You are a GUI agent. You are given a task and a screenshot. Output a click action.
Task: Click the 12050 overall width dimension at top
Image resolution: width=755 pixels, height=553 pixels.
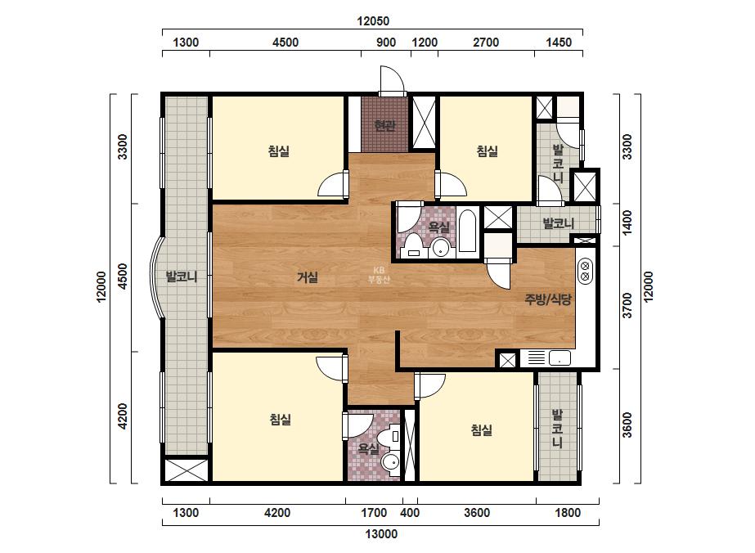(373, 21)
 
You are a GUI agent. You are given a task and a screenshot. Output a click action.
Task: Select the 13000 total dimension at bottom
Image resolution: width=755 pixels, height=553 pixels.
(381, 533)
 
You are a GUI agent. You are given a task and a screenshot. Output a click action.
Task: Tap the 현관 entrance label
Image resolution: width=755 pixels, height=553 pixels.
(384, 126)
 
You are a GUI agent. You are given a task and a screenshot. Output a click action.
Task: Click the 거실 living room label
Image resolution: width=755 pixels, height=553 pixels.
(308, 277)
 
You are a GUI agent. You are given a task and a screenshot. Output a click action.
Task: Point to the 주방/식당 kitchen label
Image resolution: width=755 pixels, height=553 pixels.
(548, 299)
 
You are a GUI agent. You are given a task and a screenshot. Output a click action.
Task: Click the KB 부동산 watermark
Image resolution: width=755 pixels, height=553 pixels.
(379, 275)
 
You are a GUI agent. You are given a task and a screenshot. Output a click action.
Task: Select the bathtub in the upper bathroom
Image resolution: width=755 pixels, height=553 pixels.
(468, 231)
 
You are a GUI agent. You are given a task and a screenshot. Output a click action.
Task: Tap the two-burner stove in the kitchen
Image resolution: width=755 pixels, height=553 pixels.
(586, 271)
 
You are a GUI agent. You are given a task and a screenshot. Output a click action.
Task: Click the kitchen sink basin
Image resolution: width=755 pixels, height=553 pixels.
(560, 358)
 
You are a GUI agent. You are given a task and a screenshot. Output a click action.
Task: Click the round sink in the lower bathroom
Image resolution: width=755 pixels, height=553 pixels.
(390, 463)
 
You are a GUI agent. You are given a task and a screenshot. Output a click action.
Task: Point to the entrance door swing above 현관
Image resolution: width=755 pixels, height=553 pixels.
(392, 79)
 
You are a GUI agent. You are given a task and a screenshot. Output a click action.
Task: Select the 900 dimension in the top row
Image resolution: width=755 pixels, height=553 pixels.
(386, 43)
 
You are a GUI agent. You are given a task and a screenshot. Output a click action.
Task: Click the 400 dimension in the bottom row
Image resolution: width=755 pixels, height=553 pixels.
(410, 513)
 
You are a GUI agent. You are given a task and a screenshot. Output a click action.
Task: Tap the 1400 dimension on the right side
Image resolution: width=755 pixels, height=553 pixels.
(627, 223)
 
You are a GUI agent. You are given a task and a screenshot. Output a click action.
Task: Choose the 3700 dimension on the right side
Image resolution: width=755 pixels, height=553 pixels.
(627, 305)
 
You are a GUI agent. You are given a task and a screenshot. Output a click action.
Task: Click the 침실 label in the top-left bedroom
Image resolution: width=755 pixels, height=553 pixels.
(279, 151)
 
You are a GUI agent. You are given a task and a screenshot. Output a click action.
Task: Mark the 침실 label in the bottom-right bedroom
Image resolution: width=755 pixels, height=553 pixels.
(482, 429)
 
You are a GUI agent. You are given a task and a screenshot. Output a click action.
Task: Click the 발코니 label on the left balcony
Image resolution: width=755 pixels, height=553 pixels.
(182, 277)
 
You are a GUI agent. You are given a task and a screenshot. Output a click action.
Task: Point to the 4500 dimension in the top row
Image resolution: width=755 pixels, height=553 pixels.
(285, 43)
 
